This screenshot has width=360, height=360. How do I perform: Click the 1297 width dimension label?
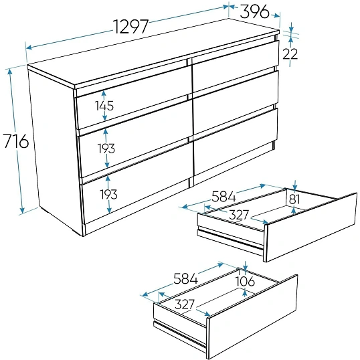point(131,27)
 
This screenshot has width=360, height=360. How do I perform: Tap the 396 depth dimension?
point(254,11)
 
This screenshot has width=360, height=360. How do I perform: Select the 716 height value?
point(15,141)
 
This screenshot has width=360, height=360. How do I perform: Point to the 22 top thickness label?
point(290,54)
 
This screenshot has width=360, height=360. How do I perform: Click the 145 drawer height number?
point(104,106)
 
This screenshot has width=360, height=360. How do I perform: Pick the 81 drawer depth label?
point(294,199)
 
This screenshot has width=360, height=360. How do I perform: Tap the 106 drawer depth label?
point(246,281)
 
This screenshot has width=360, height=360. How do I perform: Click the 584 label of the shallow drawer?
point(223,197)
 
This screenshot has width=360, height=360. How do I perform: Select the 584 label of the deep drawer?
point(185,278)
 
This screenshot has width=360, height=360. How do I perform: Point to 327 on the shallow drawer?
point(239,215)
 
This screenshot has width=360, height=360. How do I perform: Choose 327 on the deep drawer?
point(185,304)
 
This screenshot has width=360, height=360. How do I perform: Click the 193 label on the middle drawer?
point(106,149)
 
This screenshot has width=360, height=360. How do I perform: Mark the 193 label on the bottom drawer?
point(109,194)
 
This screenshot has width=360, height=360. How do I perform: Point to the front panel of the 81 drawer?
point(311,228)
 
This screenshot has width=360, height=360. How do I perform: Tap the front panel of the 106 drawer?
point(252,317)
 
